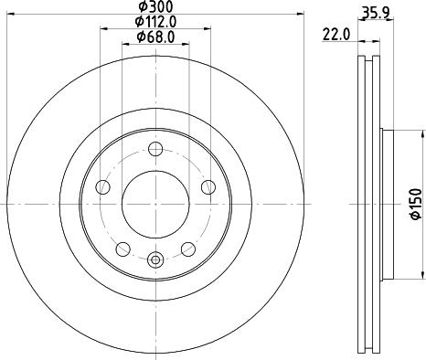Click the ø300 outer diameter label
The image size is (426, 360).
(154, 7)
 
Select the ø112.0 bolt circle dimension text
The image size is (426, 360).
(154, 22)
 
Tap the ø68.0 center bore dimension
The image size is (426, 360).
(154, 37)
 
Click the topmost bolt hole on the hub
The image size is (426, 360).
(154, 150)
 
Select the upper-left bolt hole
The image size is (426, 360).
(103, 187)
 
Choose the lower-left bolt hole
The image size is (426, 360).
(122, 248)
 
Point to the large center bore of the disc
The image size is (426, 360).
(154, 204)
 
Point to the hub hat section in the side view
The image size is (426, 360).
(387, 204)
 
